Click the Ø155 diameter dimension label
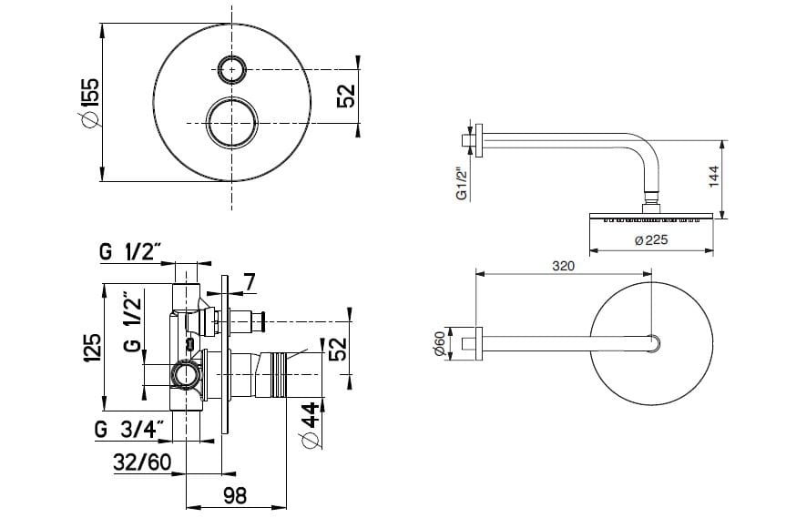(89, 102)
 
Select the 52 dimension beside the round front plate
(347, 96)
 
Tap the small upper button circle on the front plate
(232, 69)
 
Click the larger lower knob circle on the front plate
(232, 123)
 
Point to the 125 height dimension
(91, 348)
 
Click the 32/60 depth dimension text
(142, 462)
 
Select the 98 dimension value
(235, 494)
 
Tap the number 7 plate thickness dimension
(249, 282)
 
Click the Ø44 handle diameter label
(311, 425)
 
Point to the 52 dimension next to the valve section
(338, 349)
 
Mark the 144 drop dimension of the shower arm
(714, 177)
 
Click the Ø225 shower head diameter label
(651, 240)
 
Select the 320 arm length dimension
(564, 266)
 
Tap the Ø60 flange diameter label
(440, 343)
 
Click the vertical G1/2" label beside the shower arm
(462, 183)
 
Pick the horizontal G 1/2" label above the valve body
(130, 251)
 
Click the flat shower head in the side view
(651, 217)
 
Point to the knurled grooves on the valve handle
(278, 374)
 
